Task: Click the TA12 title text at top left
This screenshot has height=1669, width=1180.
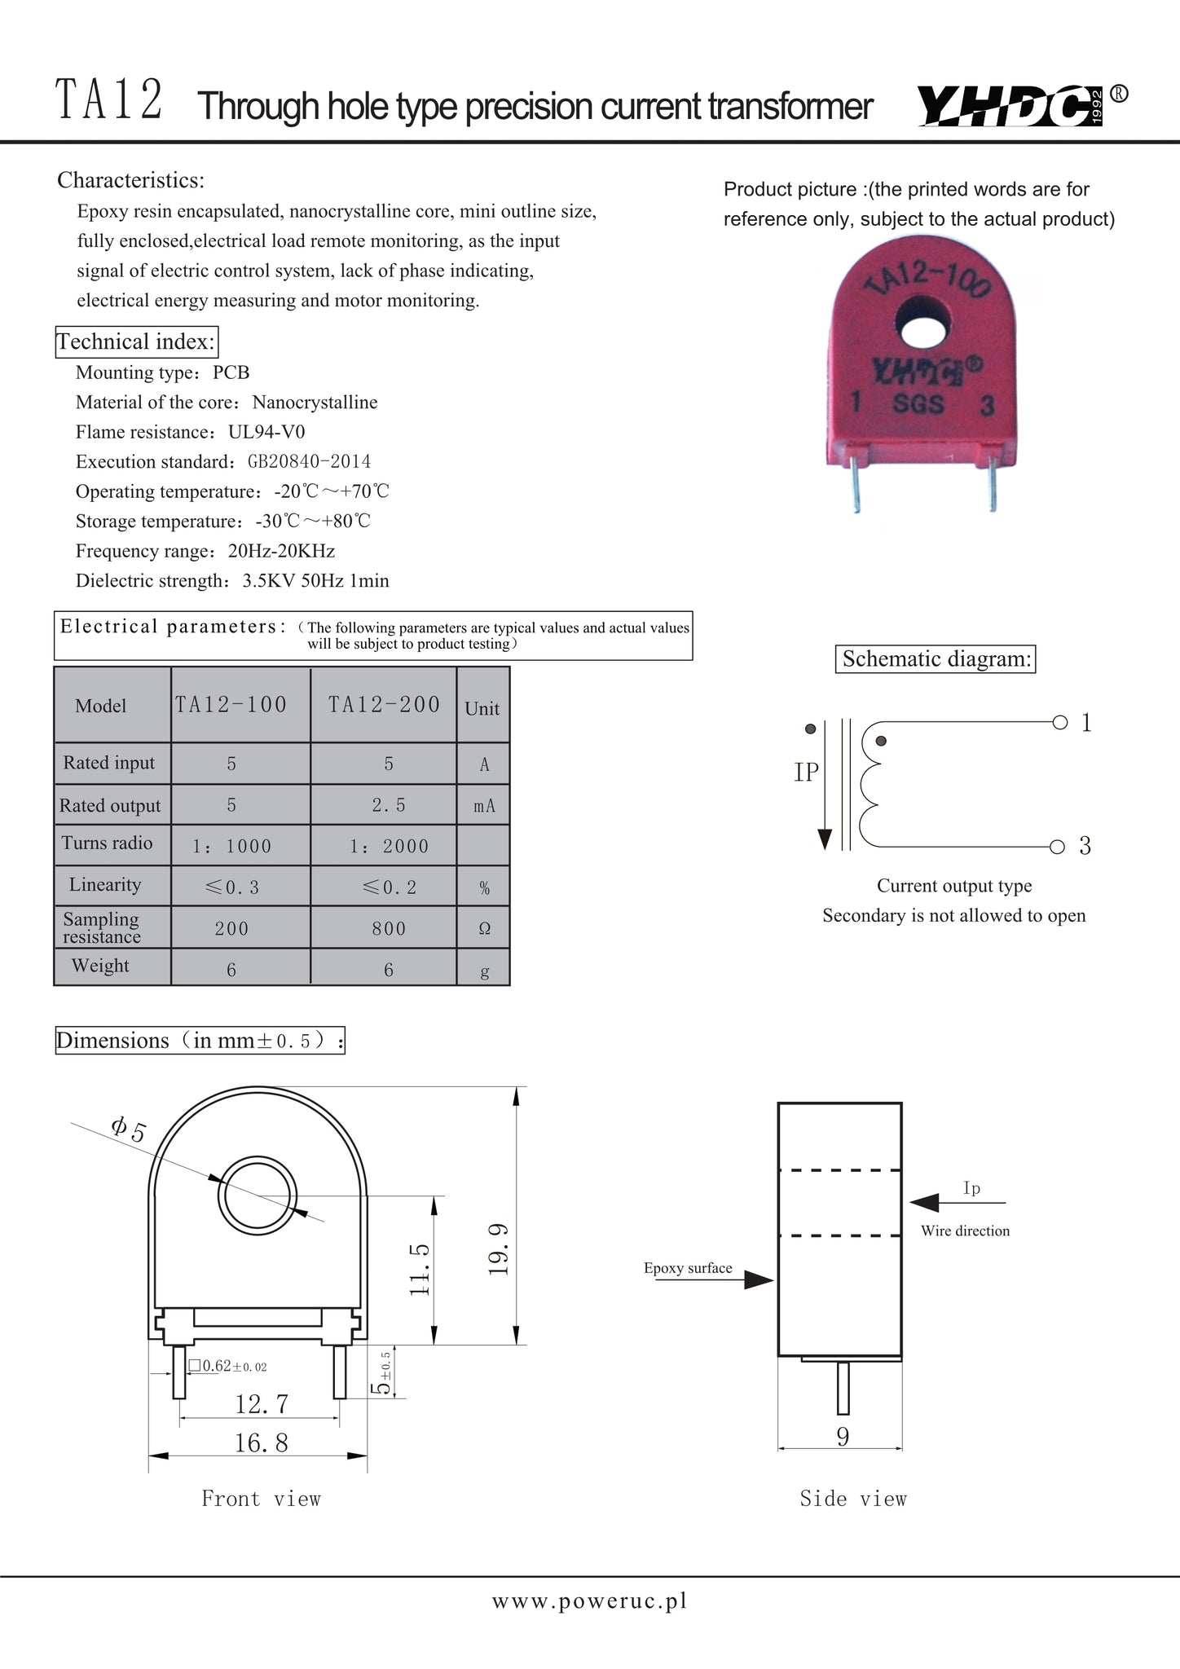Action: (109, 102)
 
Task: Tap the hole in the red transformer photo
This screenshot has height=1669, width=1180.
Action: (923, 332)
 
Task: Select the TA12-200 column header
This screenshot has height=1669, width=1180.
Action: (384, 705)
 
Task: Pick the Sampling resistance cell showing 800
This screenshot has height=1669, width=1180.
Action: (389, 928)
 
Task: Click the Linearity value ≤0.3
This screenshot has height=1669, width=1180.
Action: (232, 887)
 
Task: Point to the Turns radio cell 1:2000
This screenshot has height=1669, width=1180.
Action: (389, 847)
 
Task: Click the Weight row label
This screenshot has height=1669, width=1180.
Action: (100, 966)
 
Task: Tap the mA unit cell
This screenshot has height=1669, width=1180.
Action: (484, 806)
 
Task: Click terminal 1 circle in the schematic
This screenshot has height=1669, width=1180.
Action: (1060, 722)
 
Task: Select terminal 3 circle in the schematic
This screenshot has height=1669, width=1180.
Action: (1057, 847)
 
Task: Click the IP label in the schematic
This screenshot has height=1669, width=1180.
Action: (806, 773)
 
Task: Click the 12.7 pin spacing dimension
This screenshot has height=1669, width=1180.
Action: (262, 1403)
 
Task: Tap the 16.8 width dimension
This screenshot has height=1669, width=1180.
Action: (262, 1443)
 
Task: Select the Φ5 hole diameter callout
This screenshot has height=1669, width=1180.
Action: (129, 1130)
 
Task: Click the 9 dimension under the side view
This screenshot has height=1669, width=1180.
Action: (843, 1437)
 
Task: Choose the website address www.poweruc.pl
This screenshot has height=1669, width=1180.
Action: (589, 1601)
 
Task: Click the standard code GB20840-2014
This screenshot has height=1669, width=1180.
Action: (309, 462)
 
